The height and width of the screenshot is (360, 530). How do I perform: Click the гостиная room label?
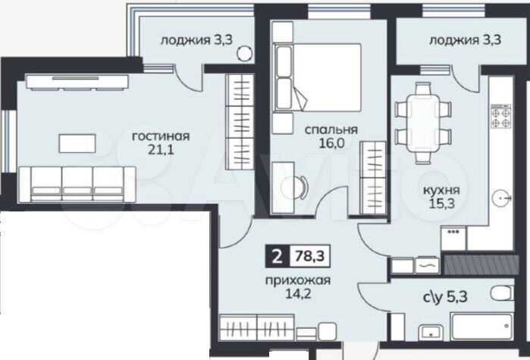click(159, 136)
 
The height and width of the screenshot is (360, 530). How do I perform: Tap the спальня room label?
click(321, 129)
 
